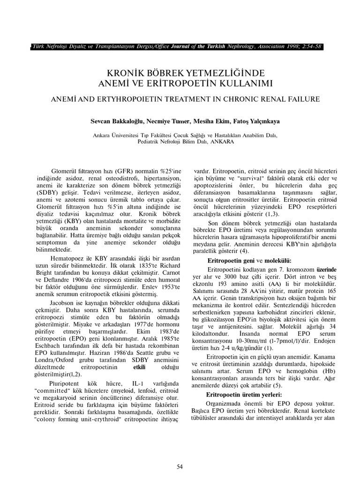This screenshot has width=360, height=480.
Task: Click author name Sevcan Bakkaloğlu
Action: click(x=119, y=120)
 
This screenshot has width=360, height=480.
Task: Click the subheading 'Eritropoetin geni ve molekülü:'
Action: click(x=249, y=260)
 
